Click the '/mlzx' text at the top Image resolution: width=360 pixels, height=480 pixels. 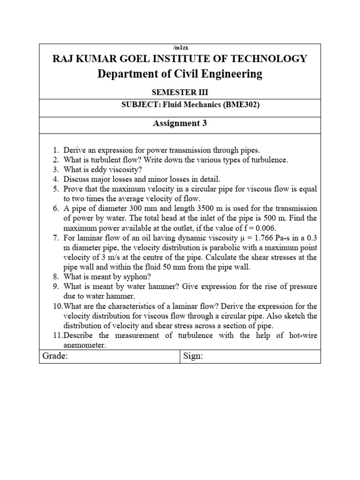(180, 47)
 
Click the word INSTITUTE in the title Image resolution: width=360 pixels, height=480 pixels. (187, 59)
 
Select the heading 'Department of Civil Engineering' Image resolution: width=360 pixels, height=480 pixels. (180, 74)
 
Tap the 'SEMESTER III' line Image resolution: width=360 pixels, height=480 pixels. (180, 93)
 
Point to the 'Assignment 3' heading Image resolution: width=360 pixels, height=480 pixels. (180, 124)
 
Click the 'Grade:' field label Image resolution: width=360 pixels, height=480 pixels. (55, 356)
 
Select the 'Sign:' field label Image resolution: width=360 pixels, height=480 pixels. (193, 356)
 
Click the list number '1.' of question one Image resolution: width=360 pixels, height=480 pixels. (55, 150)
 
